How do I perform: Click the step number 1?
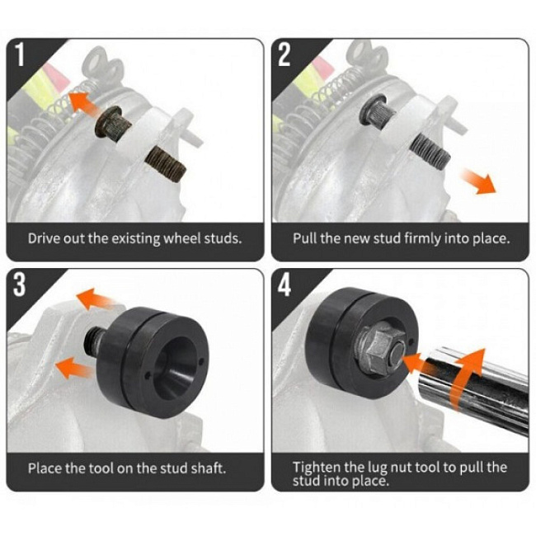pos(20,54)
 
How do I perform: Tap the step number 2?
pos(284,54)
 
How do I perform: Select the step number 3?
pos(20,284)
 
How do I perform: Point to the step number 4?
pos(284,284)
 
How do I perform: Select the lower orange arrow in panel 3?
pos(73,368)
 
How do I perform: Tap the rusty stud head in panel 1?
pos(112,122)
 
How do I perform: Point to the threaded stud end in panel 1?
pos(166,164)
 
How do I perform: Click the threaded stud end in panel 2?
pos(430,150)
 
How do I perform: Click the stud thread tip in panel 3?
pos(92,341)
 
